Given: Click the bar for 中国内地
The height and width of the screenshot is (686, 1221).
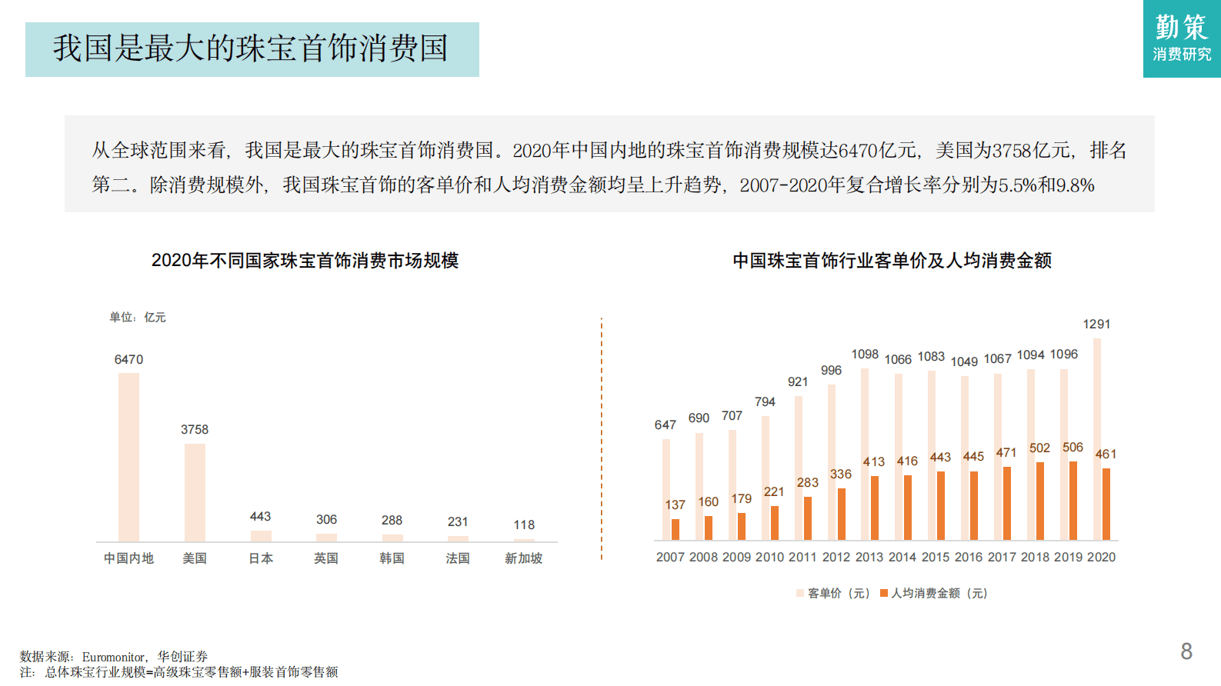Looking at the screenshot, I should click(128, 457).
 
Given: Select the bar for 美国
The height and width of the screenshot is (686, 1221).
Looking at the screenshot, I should click(195, 492).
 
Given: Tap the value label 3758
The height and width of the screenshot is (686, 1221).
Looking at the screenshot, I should click(195, 429).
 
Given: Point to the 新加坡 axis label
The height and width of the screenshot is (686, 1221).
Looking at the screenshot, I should click(523, 558).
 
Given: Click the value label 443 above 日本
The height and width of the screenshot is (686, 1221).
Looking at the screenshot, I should click(260, 516).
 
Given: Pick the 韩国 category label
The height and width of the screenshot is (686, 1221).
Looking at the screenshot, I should click(392, 558).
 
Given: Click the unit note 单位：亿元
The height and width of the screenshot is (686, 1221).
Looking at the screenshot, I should click(137, 317).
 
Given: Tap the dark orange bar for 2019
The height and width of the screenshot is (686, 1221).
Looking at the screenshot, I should click(1073, 501).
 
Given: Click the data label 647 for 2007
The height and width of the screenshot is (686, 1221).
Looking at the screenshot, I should click(666, 425).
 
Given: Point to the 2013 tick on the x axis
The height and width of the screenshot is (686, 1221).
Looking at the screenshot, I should click(869, 557).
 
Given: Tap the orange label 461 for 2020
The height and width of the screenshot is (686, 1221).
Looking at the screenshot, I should click(1106, 454).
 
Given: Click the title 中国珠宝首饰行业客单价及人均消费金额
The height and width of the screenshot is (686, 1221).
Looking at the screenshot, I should click(892, 261).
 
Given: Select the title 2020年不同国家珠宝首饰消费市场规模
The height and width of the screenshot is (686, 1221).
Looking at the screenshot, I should click(305, 261).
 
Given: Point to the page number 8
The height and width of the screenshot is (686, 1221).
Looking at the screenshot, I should click(1186, 651).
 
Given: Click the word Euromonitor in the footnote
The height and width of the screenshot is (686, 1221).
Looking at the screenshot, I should click(113, 657).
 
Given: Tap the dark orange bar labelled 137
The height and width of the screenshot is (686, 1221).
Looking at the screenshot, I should click(676, 529).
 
